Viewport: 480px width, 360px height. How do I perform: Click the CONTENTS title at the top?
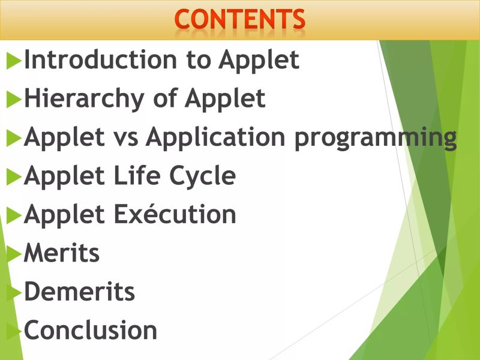tap(240, 19)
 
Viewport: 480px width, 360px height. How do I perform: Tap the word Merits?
tap(62, 253)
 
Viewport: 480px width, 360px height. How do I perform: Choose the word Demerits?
tap(79, 292)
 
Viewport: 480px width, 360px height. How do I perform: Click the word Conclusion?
tap(91, 331)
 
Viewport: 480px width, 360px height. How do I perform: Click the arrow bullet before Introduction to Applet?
tap(13, 61)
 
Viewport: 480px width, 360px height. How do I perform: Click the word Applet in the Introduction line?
tap(259, 61)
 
